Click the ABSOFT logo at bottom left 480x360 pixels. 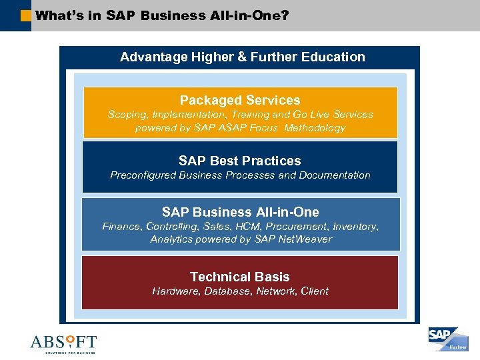click(63, 343)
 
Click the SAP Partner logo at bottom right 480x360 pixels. click(448, 339)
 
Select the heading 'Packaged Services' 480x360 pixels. click(240, 100)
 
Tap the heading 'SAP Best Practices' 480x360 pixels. click(240, 161)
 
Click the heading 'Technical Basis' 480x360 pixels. click(240, 277)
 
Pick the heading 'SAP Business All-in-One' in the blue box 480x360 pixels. click(240, 212)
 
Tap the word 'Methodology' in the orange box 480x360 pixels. click(315, 128)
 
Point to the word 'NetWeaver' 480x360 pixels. click(305, 239)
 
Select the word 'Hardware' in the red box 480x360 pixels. click(176, 291)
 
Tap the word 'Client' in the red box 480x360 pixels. click(314, 291)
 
